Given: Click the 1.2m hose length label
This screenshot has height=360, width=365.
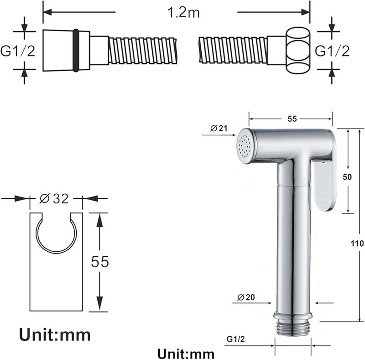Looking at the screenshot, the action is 183,12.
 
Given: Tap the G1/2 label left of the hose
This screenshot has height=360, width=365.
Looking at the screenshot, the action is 18,51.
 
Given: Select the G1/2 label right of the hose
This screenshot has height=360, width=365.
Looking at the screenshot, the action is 332,51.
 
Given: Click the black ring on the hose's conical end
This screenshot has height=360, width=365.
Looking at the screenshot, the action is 76,50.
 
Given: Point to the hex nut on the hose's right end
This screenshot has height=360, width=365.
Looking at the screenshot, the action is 298,51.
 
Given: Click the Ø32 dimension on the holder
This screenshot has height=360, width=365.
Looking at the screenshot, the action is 54,199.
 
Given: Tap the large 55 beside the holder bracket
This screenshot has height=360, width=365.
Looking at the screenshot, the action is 100,261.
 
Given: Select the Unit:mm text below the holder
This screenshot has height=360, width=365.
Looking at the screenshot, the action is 55,335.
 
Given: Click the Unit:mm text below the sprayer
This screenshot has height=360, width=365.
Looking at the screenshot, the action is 186,354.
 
